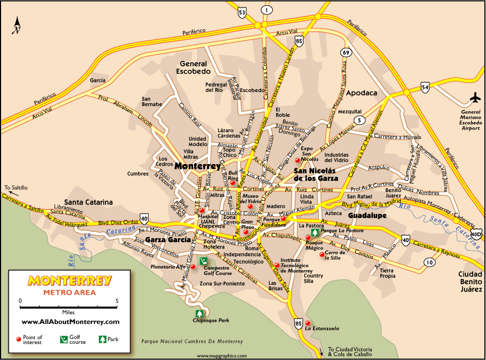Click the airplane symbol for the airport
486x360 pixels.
[475, 98]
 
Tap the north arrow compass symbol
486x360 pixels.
[17, 24]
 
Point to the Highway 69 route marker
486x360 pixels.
[346, 53]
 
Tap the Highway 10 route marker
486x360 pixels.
[429, 263]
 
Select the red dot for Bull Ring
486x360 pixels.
[233, 183]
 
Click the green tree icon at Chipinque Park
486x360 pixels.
[200, 313]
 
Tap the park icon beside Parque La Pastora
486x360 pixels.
[315, 232]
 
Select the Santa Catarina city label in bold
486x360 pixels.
[88, 202]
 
